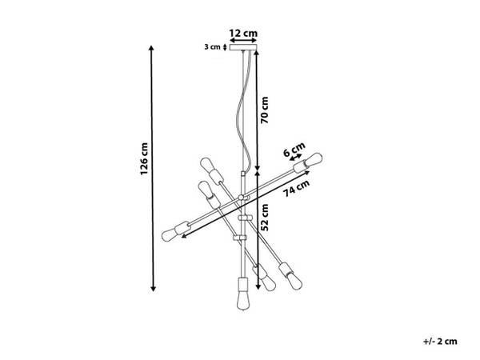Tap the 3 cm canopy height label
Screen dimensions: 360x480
[212, 47]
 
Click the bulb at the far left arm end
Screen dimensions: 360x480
[171, 235]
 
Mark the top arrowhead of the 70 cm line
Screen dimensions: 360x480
[258, 46]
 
